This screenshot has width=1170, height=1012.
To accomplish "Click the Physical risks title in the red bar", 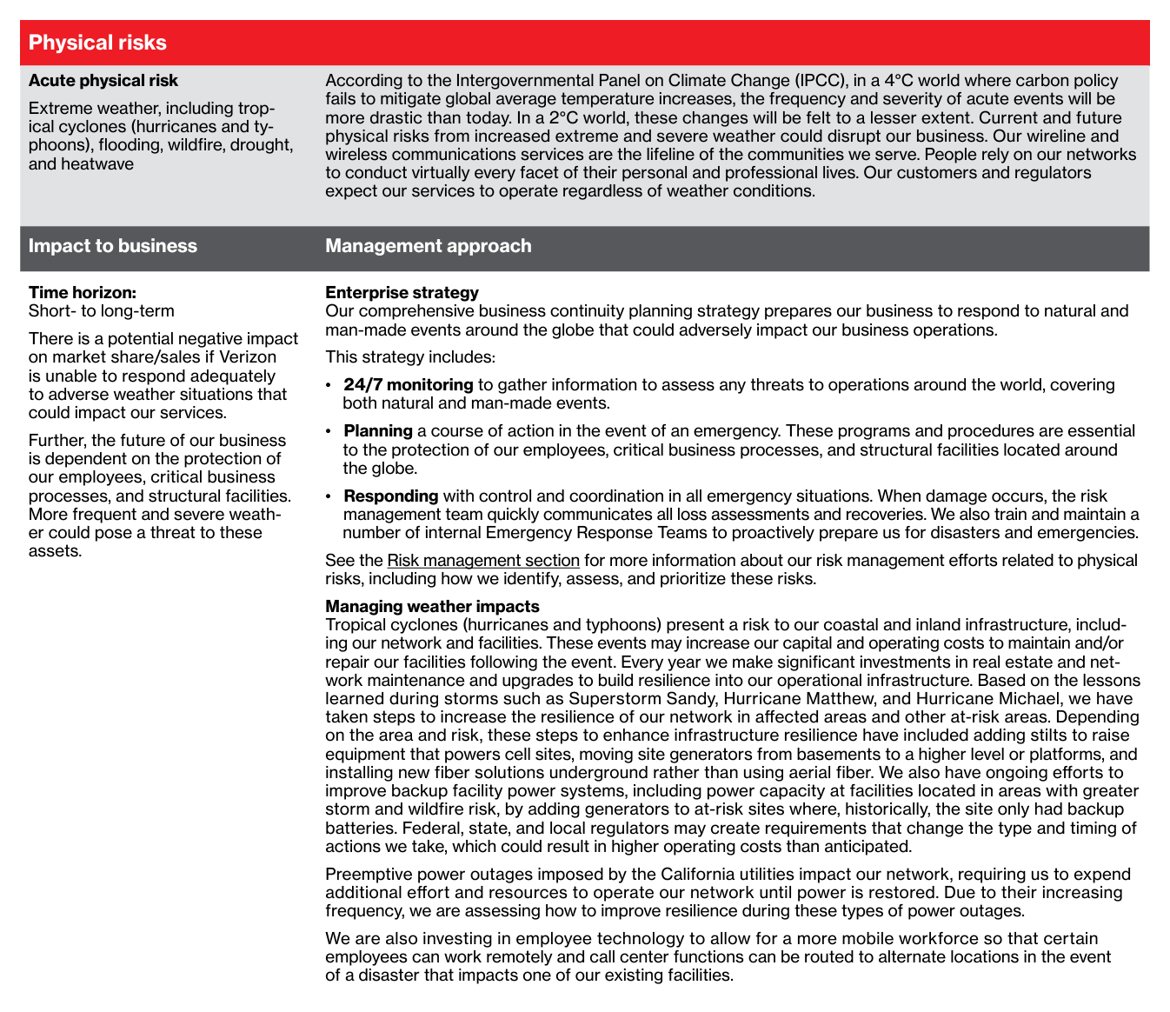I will [x=97, y=43].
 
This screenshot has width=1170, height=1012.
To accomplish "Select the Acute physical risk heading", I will [x=103, y=81].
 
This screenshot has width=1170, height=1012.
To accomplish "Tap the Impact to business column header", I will [x=112, y=246].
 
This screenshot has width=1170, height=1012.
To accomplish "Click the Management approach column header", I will [x=428, y=246].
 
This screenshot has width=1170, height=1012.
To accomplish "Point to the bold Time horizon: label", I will [x=82, y=293].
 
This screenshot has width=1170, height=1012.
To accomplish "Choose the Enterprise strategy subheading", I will [x=402, y=293].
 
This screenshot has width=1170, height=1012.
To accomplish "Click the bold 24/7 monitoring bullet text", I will [x=408, y=384].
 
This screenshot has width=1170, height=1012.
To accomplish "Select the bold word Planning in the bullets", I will [x=377, y=430].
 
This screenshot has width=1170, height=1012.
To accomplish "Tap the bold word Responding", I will [x=390, y=496].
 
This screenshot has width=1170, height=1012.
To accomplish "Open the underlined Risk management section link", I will [x=482, y=561].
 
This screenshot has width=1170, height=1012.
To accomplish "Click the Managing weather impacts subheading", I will [x=432, y=606].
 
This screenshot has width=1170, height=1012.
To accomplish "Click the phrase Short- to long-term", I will [x=101, y=311].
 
